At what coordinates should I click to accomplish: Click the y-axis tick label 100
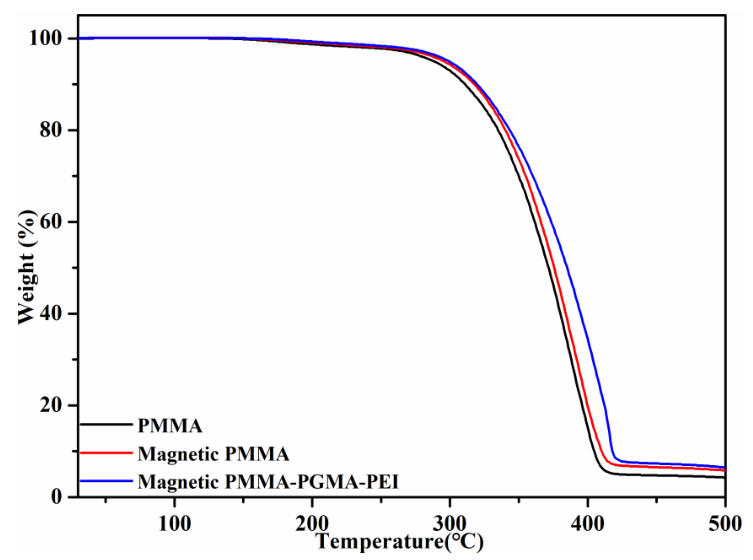48,39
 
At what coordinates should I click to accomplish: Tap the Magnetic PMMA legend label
214,454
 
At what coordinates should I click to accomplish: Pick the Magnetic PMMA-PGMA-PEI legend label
268,482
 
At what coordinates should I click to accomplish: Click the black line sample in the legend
106,424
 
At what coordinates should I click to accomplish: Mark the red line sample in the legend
106,452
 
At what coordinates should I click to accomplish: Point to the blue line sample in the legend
106,480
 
